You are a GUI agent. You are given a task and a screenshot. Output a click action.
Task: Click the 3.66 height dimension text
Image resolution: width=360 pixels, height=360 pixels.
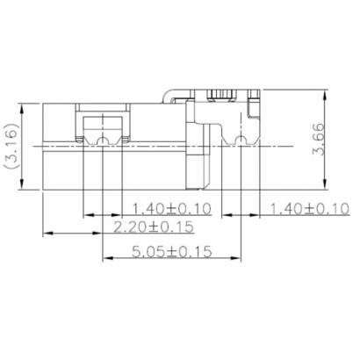click(x=321, y=139)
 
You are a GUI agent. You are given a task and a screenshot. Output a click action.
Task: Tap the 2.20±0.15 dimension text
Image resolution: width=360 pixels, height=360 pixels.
click(x=155, y=227)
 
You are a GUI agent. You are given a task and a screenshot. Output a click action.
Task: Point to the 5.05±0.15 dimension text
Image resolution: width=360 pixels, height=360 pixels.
click(x=174, y=252)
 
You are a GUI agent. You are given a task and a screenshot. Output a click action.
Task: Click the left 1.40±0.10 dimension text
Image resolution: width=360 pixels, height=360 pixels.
click(x=174, y=208)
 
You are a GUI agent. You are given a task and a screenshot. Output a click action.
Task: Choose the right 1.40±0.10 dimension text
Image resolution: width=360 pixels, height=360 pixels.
click(x=310, y=208)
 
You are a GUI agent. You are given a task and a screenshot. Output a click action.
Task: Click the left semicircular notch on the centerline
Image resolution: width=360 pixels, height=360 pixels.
click(x=104, y=140)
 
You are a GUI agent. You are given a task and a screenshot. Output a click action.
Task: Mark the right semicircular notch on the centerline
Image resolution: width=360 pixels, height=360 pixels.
click(x=241, y=140)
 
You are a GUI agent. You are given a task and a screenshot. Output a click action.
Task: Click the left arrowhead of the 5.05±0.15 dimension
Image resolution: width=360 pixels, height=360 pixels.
click(x=107, y=258)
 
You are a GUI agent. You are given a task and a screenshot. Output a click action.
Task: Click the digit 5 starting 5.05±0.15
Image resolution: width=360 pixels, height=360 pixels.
click(x=137, y=252)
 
